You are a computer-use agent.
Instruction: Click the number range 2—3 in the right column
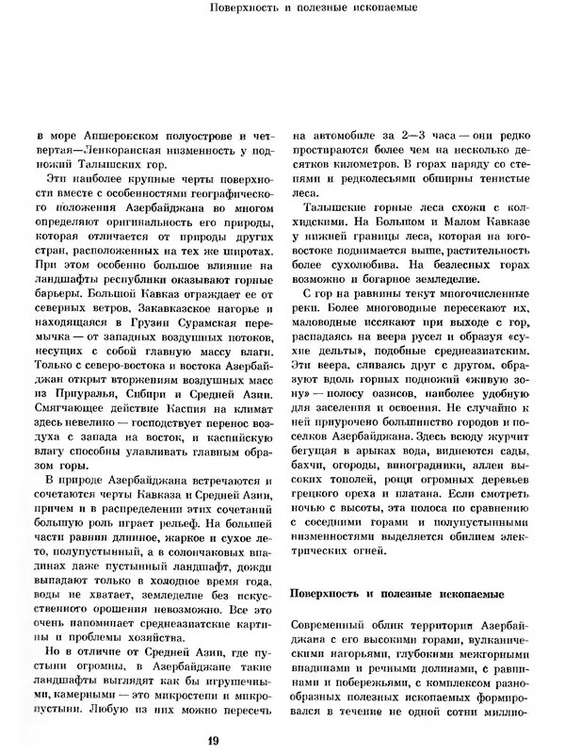(x=402, y=136)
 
